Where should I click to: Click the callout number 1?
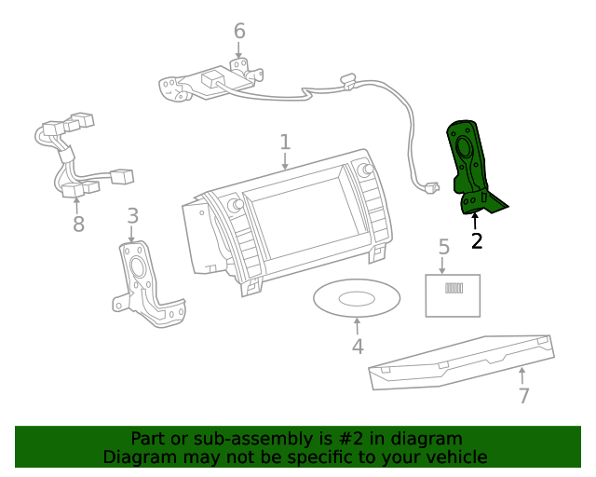(x=285, y=143)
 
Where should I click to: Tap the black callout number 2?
(x=477, y=241)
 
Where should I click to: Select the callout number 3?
(x=133, y=216)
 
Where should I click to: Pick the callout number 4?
(x=358, y=348)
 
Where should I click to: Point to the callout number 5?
(x=444, y=247)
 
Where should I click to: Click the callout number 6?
(x=239, y=32)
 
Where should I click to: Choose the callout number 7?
(x=524, y=396)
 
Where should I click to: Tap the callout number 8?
(x=78, y=225)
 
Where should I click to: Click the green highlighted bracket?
(x=470, y=168)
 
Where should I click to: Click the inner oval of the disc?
(x=357, y=299)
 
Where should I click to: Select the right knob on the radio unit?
(x=361, y=170)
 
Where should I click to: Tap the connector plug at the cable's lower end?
(x=430, y=187)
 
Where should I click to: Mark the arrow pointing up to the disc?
(x=358, y=326)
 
